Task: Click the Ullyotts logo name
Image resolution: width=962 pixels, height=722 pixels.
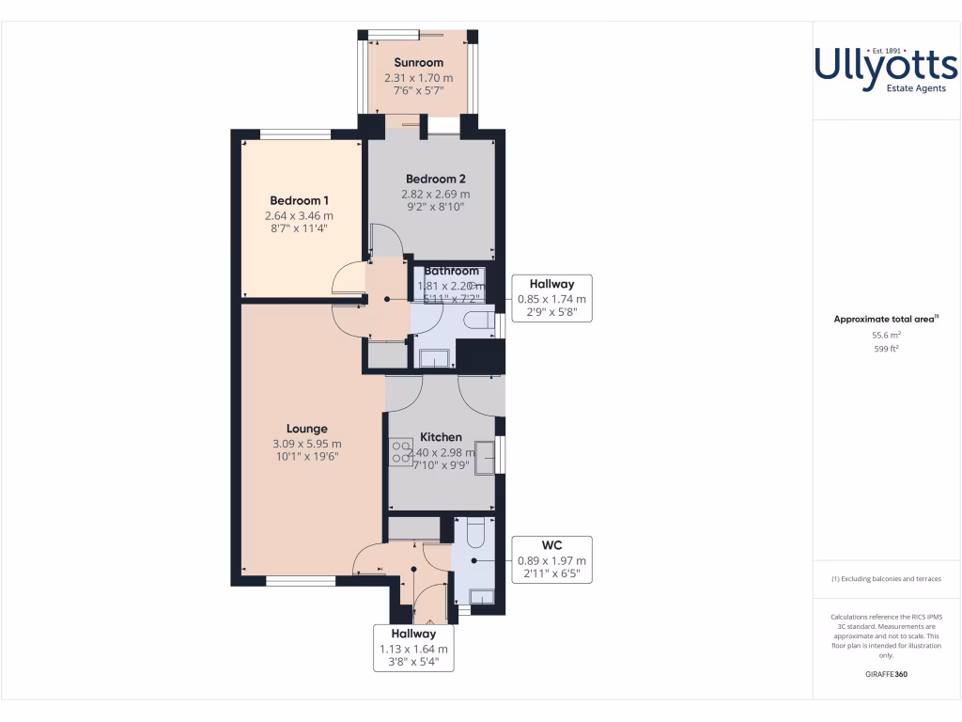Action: tap(886, 66)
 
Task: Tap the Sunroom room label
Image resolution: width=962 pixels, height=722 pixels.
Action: tap(418, 63)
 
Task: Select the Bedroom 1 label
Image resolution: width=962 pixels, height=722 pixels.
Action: tap(299, 200)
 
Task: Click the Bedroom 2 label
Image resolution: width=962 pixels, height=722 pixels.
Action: tap(435, 179)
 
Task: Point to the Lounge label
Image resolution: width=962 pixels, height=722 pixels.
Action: tap(306, 429)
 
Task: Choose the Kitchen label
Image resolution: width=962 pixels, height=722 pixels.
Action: tap(441, 437)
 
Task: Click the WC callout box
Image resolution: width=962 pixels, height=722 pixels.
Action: tap(551, 559)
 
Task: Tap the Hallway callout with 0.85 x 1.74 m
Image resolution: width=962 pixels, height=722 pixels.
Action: tap(551, 298)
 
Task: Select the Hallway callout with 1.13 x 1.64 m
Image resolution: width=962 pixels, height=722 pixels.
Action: tap(413, 648)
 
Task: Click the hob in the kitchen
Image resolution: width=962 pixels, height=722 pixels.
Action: tap(402, 452)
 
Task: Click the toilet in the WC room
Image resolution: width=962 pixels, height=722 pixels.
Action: tap(473, 533)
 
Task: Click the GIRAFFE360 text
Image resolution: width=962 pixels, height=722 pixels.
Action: tap(887, 674)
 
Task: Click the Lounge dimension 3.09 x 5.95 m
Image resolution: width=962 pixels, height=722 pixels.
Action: tap(306, 444)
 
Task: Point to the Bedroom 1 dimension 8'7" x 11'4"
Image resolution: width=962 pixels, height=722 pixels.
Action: tap(299, 228)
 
